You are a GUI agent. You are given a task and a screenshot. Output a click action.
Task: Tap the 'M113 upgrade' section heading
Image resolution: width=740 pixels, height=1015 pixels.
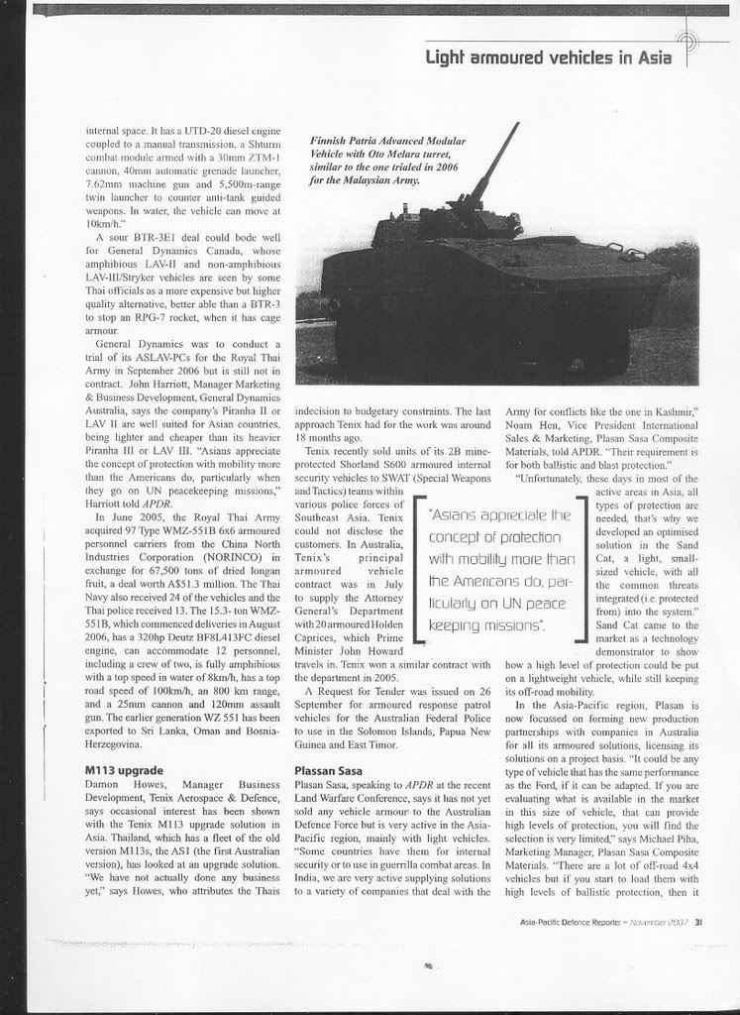click(x=123, y=768)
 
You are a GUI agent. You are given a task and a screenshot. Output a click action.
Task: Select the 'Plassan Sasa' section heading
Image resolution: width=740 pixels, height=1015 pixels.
click(x=334, y=768)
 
